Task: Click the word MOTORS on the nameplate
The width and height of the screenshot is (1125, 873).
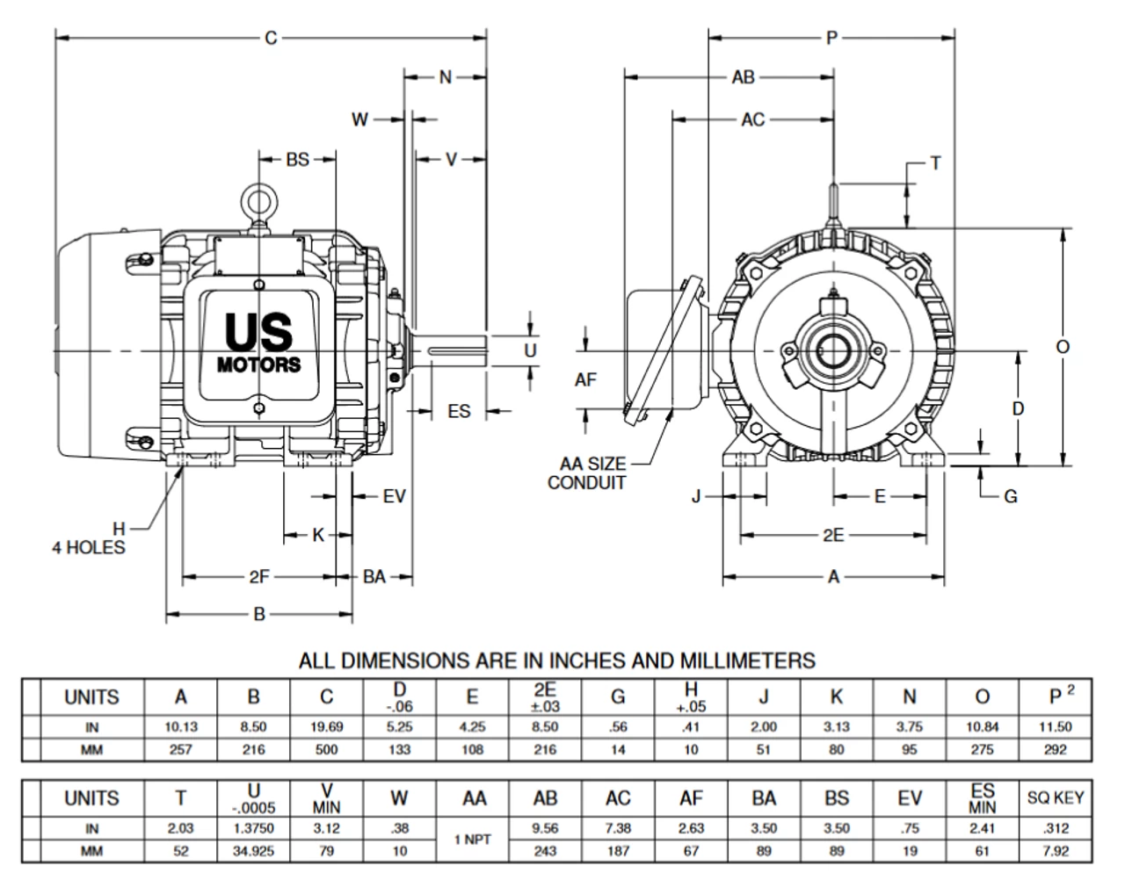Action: point(259,364)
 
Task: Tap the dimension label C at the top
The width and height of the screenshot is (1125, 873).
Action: point(271,39)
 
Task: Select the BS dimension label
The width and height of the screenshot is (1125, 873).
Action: point(298,159)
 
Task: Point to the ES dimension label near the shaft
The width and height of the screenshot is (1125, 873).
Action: point(459,411)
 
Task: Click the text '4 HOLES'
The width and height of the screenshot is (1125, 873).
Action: point(89,547)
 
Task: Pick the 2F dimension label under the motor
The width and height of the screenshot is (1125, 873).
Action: point(259,576)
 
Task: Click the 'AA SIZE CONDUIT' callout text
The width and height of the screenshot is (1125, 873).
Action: point(587,473)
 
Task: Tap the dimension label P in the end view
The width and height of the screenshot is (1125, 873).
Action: point(831,38)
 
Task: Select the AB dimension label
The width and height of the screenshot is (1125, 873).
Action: point(743,77)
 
